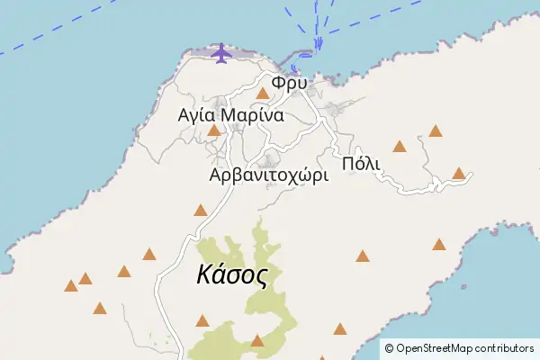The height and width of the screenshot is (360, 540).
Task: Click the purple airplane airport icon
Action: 220,54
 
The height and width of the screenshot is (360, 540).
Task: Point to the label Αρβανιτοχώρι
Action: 268,175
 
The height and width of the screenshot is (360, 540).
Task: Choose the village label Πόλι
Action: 362,163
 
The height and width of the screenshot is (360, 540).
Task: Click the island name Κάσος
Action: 232,275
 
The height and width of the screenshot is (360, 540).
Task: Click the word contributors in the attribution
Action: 506,348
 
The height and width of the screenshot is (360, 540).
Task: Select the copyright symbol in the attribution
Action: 389,348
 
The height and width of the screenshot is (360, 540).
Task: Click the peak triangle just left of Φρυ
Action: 263,93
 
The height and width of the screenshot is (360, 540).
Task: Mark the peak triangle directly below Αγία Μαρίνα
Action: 213,130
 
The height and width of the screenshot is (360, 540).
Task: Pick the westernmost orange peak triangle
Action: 70,286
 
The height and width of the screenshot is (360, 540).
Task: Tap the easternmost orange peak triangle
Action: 459,173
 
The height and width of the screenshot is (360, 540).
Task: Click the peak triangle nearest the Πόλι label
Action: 399,146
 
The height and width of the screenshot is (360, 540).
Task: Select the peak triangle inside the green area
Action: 257,340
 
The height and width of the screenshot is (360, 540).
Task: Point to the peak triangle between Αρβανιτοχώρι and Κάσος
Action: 200,211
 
